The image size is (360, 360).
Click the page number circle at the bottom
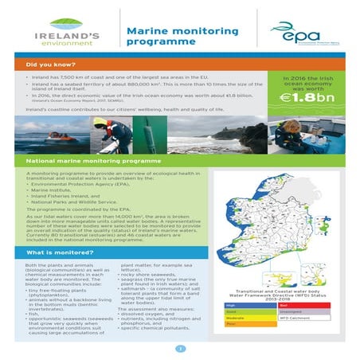pos(180,349)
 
